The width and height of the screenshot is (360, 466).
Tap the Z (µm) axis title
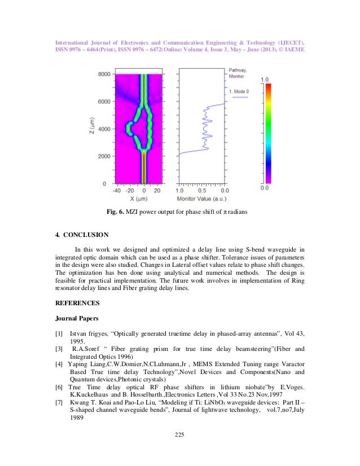click(91, 129)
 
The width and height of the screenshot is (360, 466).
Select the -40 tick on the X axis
click(116, 191)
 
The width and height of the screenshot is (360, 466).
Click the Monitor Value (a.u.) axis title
click(203, 199)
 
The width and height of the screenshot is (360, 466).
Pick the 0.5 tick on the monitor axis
click(202, 191)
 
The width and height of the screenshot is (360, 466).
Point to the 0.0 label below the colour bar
click(264, 188)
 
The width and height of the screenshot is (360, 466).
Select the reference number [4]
click(59, 364)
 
